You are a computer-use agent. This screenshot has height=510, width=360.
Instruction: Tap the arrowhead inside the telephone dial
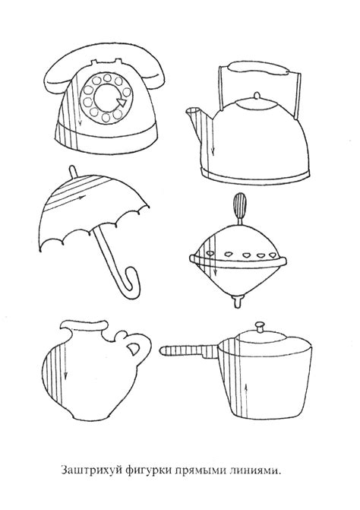122,102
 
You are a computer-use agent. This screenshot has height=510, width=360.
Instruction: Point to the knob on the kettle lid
257,96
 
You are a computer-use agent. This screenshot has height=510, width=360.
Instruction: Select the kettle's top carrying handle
259,68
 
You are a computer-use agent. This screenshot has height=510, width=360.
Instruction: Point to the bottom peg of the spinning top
238,300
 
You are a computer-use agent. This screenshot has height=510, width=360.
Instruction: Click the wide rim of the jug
84,325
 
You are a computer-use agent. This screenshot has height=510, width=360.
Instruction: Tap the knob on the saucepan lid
260,326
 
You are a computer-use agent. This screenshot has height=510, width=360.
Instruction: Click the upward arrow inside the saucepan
246,399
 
